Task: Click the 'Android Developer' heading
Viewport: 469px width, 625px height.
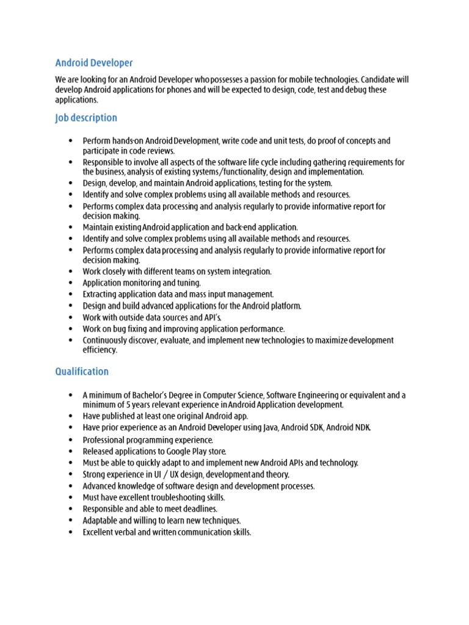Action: pos(94,63)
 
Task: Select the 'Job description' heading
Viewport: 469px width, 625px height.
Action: pos(86,118)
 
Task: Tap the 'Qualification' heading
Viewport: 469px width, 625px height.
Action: pos(82,371)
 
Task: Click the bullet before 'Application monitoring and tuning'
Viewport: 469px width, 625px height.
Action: pos(71,283)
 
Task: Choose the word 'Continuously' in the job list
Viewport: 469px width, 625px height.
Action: pos(106,340)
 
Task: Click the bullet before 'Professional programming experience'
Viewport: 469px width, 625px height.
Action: pos(71,439)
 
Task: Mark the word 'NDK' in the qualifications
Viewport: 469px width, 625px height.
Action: pos(360,427)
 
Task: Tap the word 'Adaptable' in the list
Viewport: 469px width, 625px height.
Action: pos(100,521)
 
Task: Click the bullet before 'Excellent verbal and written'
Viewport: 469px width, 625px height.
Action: pos(71,532)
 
